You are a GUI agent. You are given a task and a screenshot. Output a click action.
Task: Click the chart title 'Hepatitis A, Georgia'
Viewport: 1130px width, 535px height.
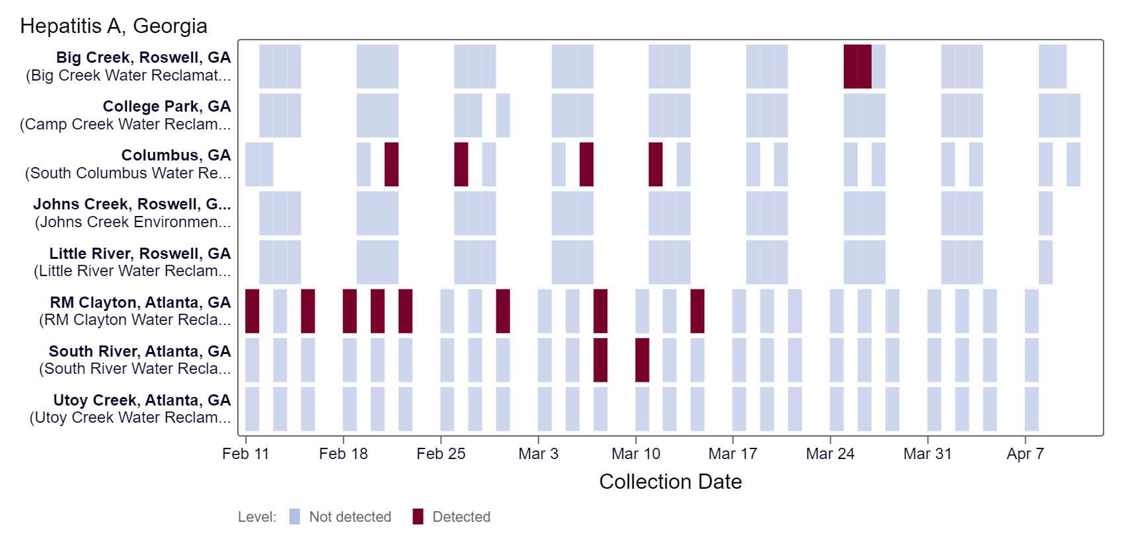pos(114,26)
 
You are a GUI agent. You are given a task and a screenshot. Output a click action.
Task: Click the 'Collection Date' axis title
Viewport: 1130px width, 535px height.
pos(670,482)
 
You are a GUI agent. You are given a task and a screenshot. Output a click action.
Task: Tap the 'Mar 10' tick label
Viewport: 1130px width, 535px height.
pos(636,454)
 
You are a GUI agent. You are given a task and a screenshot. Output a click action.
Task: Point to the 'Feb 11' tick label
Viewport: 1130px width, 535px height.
pos(246,454)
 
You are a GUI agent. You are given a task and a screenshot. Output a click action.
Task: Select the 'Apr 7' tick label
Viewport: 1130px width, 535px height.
pos(1025,454)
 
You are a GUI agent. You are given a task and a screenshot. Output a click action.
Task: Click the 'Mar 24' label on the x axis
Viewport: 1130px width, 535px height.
pos(830,454)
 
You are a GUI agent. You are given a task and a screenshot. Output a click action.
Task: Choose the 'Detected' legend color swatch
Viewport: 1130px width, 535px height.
pos(418,517)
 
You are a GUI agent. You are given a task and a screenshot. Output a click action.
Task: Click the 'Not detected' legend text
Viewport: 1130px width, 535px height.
pos(350,517)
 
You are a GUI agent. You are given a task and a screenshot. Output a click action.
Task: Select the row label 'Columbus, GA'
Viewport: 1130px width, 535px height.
pos(176,155)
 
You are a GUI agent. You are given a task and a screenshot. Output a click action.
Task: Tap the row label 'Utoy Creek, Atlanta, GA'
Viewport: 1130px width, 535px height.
pos(142,400)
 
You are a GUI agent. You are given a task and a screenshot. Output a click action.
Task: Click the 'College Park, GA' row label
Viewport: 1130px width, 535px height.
pos(167,106)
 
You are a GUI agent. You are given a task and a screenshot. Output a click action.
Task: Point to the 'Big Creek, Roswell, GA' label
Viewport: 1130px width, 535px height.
pos(143,57)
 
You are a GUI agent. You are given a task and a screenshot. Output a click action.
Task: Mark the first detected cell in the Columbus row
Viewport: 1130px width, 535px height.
pos(391,164)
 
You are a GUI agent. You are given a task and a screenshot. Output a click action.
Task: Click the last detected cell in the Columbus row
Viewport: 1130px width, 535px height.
pos(656,164)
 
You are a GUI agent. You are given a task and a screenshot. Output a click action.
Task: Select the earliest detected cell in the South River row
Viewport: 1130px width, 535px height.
pos(600,360)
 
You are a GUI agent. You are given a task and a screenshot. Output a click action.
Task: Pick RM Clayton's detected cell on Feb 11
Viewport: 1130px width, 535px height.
pos(252,311)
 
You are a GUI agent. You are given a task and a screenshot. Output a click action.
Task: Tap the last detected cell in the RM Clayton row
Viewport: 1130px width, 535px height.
pos(697,311)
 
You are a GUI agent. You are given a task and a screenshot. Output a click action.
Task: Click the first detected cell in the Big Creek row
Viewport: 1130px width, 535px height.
pos(850,67)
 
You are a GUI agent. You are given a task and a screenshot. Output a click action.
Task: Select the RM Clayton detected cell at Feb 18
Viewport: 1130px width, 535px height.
pos(350,311)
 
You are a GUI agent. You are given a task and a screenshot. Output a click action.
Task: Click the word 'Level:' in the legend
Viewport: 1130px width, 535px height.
pos(257,517)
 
